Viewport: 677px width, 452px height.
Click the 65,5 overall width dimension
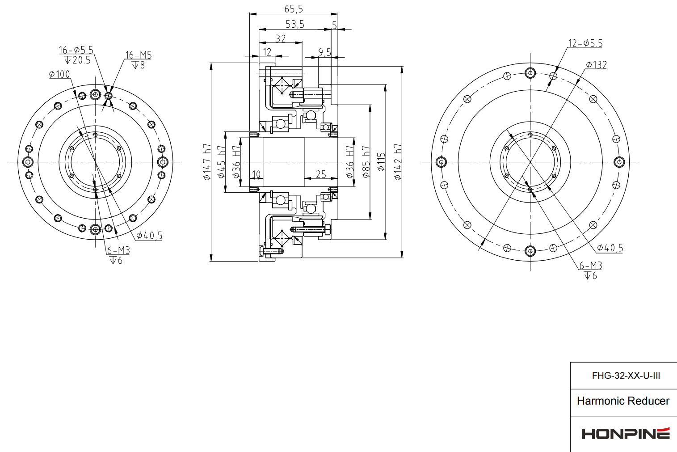pos(294,9)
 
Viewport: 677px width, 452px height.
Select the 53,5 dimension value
pos(295,24)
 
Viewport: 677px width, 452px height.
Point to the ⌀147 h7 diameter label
pos(207,162)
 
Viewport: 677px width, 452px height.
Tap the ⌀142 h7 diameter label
pos(398,162)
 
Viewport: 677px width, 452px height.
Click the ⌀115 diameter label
pos(381,162)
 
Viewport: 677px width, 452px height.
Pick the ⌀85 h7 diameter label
pos(366,162)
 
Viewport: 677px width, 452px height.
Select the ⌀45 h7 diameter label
pos(221,162)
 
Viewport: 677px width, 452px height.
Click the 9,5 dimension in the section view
pos(325,52)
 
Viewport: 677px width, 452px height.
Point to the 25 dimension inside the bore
pos(321,174)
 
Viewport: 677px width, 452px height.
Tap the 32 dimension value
pos(281,38)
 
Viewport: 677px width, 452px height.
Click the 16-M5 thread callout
pos(138,55)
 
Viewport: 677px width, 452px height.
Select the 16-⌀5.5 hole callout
pos(76,50)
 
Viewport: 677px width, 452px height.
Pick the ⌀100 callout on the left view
pos(59,74)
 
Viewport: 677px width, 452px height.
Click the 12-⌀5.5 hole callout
pos(585,43)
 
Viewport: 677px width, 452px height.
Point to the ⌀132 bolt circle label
pos(597,65)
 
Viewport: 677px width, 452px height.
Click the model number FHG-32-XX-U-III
pos(626,376)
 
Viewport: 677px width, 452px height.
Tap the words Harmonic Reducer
pos(623,401)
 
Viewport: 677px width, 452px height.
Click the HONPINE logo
pos(625,433)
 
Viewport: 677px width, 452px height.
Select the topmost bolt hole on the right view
pos(530,73)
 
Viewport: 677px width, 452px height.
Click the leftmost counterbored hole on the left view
pos(28,162)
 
